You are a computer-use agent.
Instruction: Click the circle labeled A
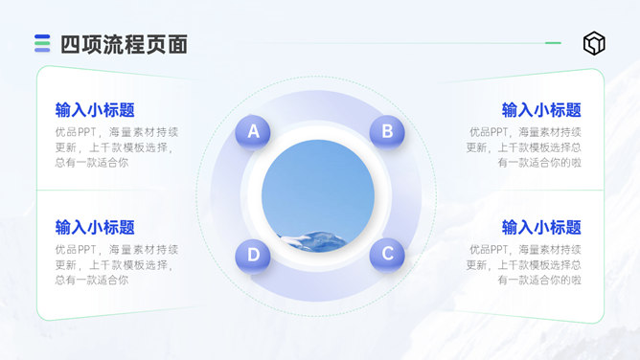[253, 132]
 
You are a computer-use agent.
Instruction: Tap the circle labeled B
[387, 132]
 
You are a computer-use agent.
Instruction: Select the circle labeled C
[387, 255]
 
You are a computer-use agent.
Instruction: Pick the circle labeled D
[253, 255]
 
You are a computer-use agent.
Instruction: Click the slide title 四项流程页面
[125, 44]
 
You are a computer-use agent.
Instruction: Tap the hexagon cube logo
[594, 43]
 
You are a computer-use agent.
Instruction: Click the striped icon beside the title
[42, 43]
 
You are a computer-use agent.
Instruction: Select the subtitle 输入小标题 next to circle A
[95, 110]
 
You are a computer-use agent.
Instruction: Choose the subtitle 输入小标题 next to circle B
[541, 110]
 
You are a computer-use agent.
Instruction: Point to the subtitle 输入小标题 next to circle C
[541, 228]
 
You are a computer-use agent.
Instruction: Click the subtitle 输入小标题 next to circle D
[95, 228]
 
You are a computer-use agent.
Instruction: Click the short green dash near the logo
[553, 43]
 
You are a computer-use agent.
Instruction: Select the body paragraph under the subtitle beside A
[117, 147]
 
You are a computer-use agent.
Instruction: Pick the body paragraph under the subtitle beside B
[524, 147]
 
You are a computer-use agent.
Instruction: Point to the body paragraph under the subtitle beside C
[524, 264]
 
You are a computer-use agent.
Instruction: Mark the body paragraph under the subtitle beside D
[117, 264]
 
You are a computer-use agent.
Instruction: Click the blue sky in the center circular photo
[318, 184]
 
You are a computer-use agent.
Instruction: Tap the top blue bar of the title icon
[42, 36]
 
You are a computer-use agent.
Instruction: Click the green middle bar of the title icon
[42, 43]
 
